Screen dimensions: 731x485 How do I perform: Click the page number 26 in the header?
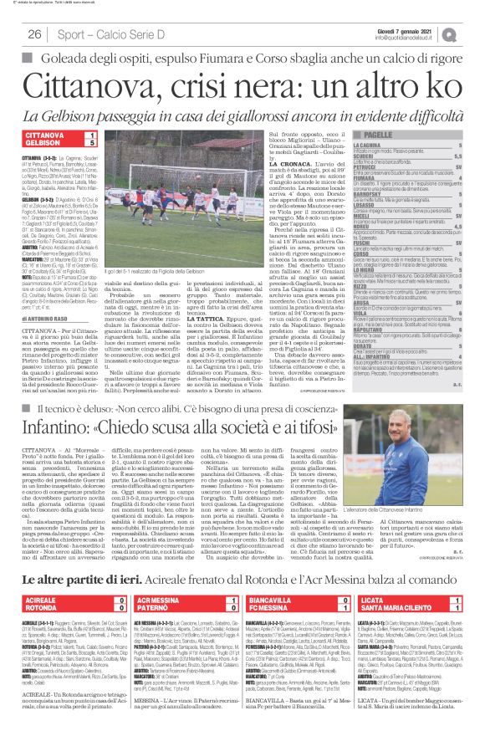point(34,33)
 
